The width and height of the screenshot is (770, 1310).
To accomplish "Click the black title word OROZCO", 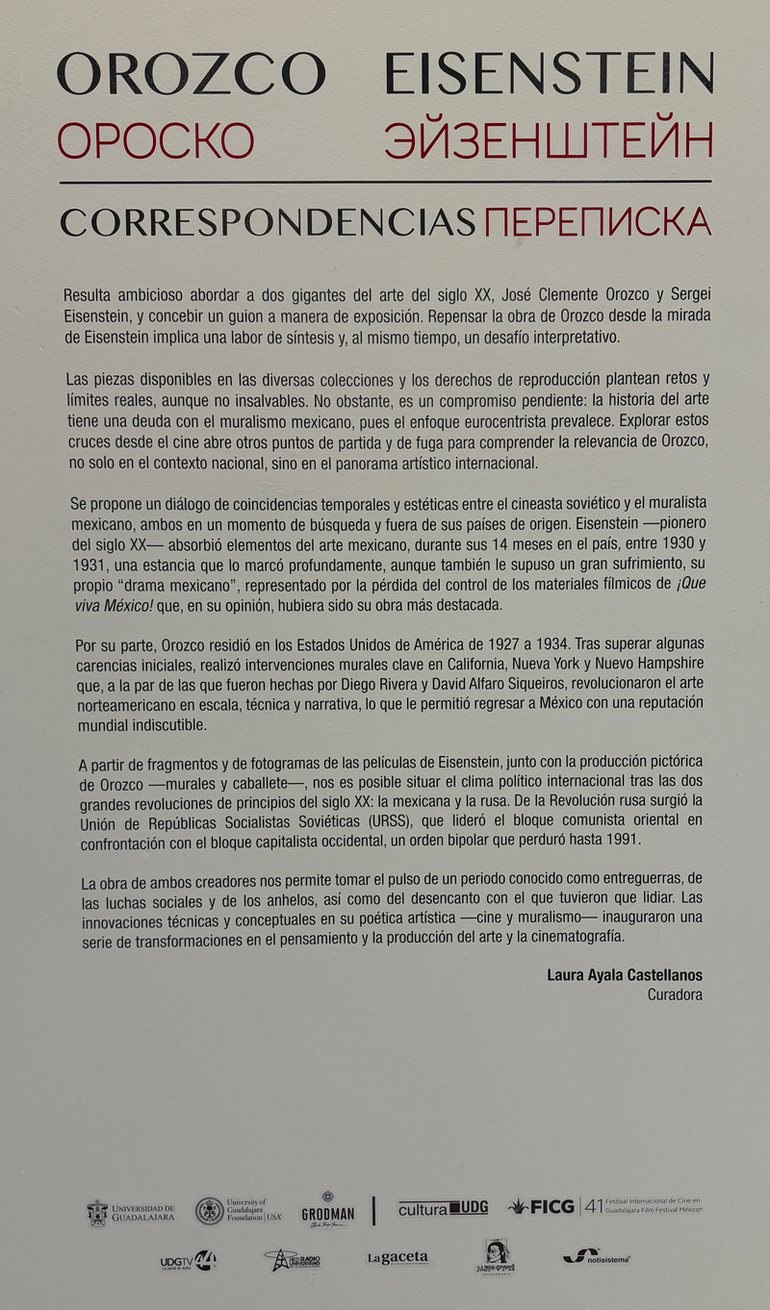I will point(191,74).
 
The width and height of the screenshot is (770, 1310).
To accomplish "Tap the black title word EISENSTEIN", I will point(549,74).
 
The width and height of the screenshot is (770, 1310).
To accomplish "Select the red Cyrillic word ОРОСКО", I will point(155,140).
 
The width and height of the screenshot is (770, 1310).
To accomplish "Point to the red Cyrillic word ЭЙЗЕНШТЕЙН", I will point(549,140).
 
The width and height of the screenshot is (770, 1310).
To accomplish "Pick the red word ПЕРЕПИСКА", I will point(598,222).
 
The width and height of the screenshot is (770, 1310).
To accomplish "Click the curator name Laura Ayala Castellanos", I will point(625,975).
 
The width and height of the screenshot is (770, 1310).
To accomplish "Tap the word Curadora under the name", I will point(675,995).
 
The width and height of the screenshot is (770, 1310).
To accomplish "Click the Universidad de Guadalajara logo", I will point(131,1212).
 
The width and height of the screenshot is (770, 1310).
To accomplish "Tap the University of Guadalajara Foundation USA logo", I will point(239,1210).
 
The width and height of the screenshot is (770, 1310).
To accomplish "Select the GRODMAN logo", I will point(328,1211).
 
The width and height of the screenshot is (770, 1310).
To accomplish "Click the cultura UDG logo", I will point(443,1209).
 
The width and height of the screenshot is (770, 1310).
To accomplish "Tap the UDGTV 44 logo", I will point(188,1261).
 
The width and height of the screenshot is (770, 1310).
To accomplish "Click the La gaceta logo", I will point(398,1258).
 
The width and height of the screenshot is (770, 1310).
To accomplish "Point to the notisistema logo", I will point(597,1256).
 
